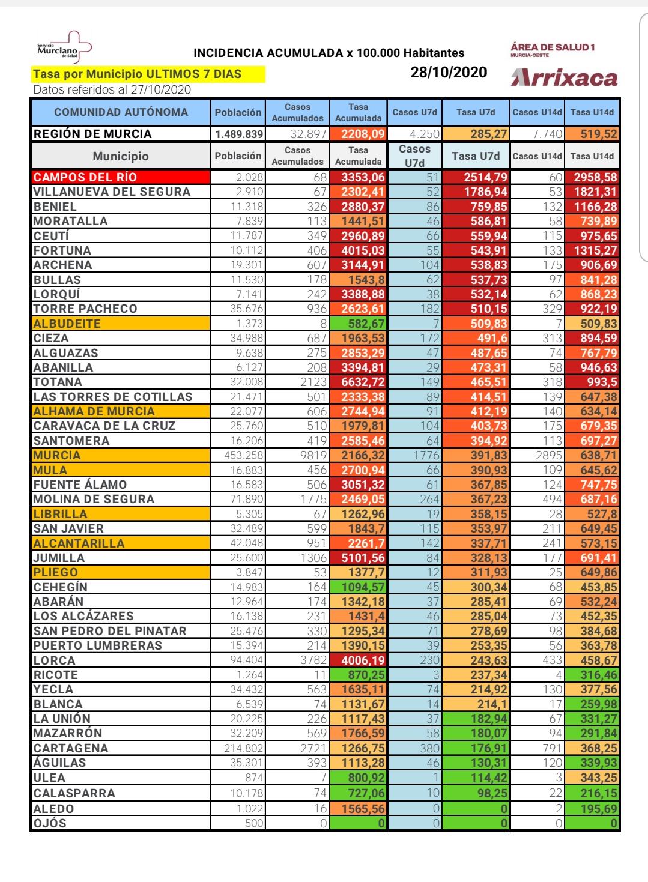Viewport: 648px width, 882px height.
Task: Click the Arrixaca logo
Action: pyautogui.click(x=564, y=78)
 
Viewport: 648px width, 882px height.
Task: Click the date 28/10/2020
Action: pyautogui.click(x=449, y=73)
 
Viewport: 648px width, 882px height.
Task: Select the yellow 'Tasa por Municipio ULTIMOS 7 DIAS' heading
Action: pyautogui.click(x=138, y=74)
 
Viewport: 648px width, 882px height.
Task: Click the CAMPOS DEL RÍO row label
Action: pyautogui.click(x=85, y=177)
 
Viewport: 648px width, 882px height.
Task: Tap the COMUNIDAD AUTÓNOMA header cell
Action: pyautogui.click(x=121, y=112)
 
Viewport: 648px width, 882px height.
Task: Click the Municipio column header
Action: pyautogui.click(x=121, y=156)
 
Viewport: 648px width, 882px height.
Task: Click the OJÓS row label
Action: pyautogui.click(x=50, y=823)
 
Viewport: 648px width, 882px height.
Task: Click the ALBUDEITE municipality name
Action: pyautogui.click(x=67, y=324)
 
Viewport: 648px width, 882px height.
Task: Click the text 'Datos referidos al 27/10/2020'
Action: pyautogui.click(x=112, y=90)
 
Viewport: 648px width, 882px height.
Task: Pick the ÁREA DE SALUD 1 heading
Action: pyautogui.click(x=553, y=47)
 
